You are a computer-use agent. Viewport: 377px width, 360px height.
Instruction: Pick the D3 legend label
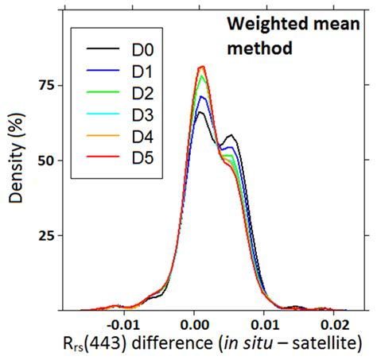[x=140, y=118]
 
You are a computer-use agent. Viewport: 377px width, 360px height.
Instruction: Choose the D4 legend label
[x=140, y=142]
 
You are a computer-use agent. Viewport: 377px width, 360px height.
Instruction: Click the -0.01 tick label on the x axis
[x=122, y=325]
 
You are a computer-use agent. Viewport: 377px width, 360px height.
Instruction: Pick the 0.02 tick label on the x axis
[x=334, y=325]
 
